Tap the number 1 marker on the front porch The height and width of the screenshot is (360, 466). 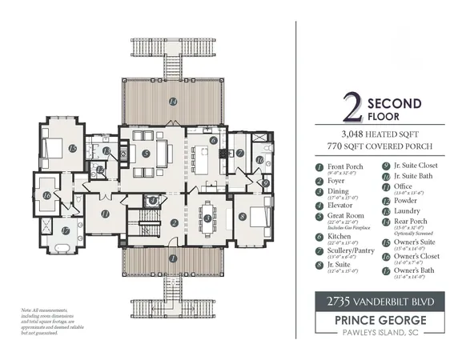point(172,258)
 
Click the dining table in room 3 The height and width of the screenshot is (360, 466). point(207,217)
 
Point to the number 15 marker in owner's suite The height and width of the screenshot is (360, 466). point(72,149)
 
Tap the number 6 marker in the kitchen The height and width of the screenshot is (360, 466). point(213,141)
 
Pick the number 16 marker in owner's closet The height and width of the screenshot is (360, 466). point(46,194)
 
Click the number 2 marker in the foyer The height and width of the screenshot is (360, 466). point(173,223)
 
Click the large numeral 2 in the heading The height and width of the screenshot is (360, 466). point(349,109)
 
